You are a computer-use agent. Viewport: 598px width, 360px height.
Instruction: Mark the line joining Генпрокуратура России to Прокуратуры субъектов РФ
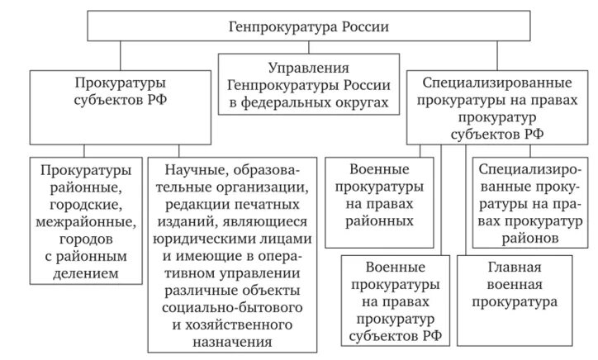(122, 55)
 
